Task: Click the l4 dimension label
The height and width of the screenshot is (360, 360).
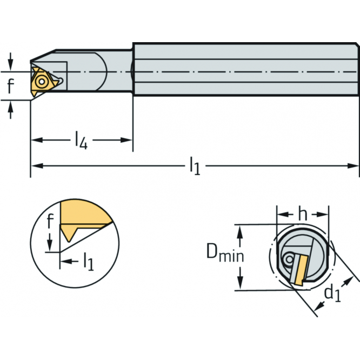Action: click(82, 140)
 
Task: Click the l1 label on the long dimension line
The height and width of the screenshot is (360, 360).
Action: click(195, 166)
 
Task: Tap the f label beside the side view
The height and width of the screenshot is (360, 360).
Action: click(11, 85)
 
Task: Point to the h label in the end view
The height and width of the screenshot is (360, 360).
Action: click(303, 215)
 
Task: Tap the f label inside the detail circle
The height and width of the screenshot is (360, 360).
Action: click(50, 221)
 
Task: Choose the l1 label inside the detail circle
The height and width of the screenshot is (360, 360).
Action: click(89, 262)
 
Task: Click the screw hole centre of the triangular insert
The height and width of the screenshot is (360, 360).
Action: click(42, 82)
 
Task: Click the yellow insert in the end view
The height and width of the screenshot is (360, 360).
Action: click(301, 270)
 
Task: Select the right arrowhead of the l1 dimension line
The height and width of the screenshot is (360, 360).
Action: click(353, 166)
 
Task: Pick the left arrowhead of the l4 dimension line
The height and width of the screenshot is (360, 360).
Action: click(37, 140)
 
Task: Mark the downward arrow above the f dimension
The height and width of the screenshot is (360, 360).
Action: click(10, 62)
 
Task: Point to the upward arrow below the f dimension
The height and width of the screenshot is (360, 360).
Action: click(10, 110)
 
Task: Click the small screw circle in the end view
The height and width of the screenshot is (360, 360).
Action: click(290, 259)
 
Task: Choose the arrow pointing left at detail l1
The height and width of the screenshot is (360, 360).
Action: click(69, 261)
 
